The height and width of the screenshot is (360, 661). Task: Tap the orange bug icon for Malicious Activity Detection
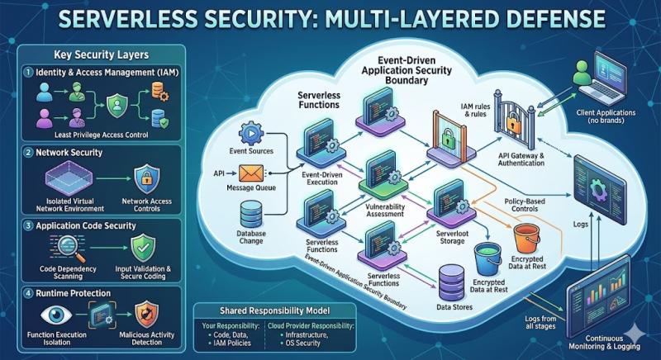146,313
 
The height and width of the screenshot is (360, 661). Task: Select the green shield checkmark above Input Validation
145,246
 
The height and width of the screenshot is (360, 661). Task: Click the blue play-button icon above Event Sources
249,133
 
